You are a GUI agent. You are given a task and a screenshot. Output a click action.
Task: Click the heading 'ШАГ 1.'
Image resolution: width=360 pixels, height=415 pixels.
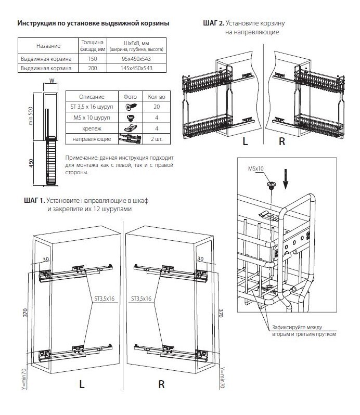click(34, 200)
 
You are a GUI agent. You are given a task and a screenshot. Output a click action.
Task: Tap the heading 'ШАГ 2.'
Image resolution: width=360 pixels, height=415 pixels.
click(214, 24)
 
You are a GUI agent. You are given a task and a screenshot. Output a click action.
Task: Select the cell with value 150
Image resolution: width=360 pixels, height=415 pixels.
click(93, 58)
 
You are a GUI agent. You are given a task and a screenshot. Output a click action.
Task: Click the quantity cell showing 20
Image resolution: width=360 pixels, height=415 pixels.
click(156, 106)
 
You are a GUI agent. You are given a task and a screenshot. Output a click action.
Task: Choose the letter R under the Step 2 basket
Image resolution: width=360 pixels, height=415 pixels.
click(281, 141)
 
